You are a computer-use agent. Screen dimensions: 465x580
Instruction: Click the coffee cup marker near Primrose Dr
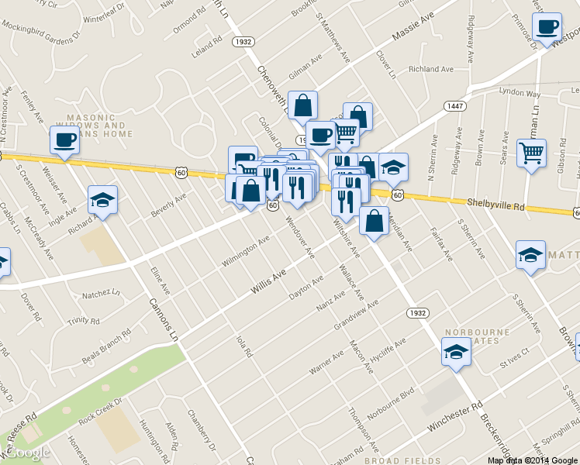(547, 27)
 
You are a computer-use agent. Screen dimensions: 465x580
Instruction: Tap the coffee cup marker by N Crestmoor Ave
(64, 140)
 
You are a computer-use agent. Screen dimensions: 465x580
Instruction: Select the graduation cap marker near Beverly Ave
(102, 200)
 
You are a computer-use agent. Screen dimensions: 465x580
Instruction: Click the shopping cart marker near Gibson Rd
(531, 153)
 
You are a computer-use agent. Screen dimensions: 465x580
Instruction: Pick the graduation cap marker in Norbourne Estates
(456, 352)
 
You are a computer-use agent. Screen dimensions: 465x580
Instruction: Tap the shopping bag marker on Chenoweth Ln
(302, 105)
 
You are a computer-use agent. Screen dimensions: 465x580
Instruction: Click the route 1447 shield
(454, 105)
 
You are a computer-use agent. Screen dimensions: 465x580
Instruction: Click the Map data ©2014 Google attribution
(532, 460)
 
